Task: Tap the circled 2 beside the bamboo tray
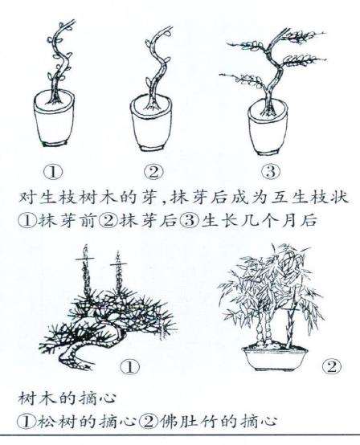click(329, 367)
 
